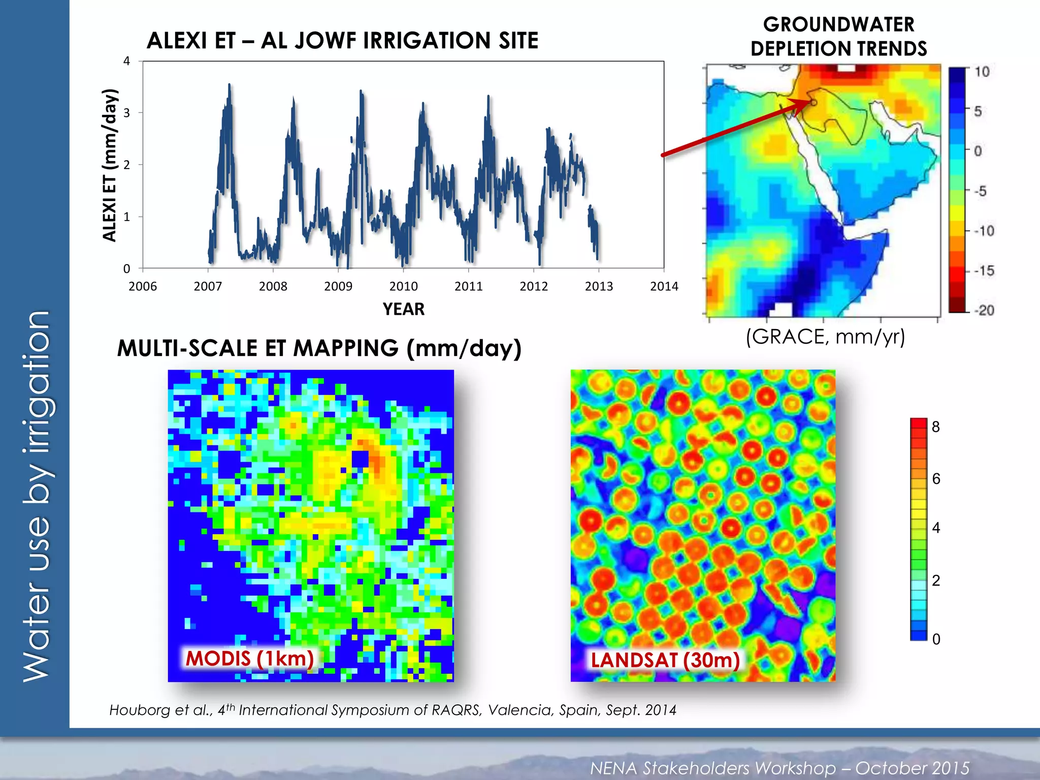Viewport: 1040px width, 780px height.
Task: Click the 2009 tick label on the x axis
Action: point(338,286)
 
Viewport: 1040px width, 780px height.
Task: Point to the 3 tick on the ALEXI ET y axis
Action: point(127,113)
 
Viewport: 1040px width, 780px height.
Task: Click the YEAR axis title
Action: point(403,309)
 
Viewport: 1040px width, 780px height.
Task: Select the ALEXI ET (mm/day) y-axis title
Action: point(110,165)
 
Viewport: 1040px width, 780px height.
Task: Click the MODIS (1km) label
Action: point(249,659)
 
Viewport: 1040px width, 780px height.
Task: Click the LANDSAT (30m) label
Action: point(665,660)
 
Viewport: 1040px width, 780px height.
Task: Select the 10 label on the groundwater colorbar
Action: point(982,72)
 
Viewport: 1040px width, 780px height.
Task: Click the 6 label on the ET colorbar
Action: point(936,479)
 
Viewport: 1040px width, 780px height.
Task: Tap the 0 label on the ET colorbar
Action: point(936,639)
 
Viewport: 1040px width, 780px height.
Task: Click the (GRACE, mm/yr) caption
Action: point(825,337)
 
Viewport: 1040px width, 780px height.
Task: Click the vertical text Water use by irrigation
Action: point(37,496)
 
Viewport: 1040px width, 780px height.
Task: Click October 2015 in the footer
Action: point(912,768)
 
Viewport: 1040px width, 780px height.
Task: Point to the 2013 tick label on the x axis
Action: point(599,286)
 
